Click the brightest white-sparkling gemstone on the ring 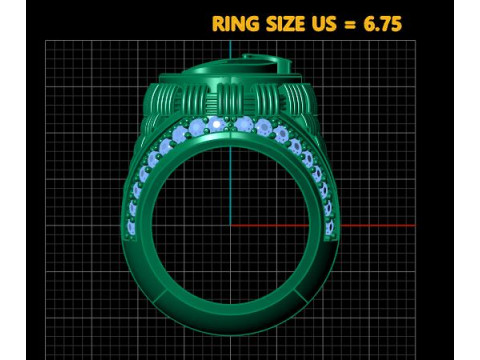[x=216, y=124]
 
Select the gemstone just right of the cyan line [x=244, y=124]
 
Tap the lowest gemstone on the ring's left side [x=131, y=228]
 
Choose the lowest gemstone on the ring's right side [x=328, y=228]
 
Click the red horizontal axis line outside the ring [x=380, y=225]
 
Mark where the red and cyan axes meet [x=230, y=225]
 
